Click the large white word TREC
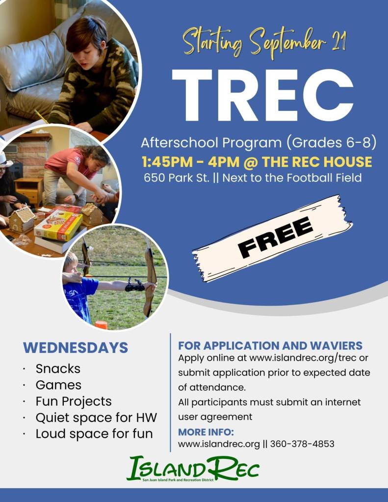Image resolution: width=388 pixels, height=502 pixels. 262,95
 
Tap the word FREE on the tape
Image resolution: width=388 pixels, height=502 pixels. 275,237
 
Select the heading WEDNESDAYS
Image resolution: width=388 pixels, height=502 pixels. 76,348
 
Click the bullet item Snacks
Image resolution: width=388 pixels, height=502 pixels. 58,369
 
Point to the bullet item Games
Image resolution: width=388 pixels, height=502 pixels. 58,385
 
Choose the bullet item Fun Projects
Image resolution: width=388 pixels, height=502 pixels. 74,401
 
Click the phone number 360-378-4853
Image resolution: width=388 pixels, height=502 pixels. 302,444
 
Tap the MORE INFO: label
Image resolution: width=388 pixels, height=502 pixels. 206,432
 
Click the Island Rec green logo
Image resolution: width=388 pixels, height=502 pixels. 193,469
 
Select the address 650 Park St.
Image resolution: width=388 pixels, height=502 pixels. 177,178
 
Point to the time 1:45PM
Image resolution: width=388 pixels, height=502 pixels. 166,162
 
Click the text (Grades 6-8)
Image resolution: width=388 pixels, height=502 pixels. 331,142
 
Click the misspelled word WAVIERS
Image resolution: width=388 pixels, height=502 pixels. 336,345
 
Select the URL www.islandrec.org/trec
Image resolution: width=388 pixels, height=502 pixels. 303,358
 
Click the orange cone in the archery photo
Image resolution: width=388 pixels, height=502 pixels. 101,325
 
